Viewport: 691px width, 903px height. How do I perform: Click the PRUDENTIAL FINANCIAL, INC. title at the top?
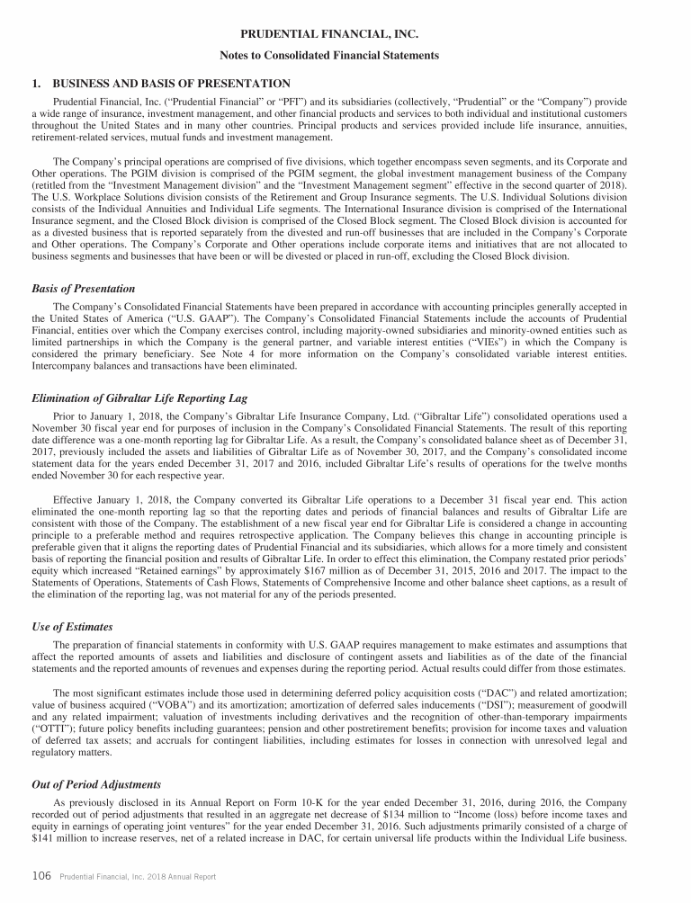[345, 35]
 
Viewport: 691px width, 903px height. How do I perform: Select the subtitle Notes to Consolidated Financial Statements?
[345, 56]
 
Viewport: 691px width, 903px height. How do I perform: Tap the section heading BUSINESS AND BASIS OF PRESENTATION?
[158, 84]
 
